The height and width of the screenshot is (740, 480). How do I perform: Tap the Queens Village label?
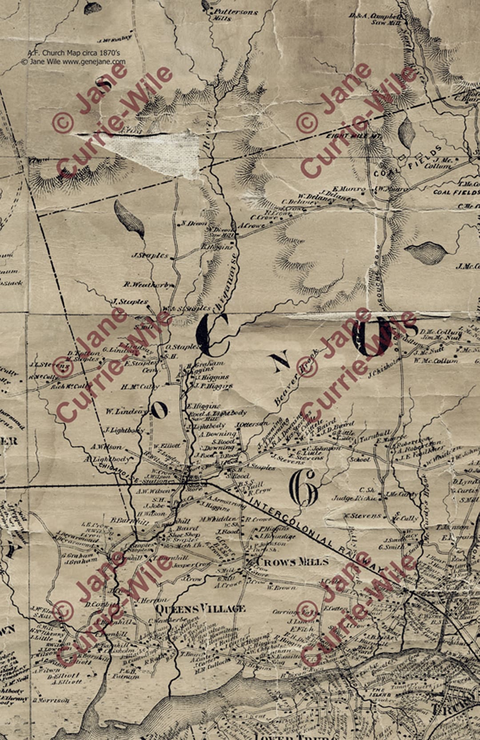[200, 608]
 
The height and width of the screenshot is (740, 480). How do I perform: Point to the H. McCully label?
[140, 387]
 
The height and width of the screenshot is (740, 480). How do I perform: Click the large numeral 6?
[303, 489]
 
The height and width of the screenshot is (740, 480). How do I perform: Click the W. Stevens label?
[363, 516]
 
